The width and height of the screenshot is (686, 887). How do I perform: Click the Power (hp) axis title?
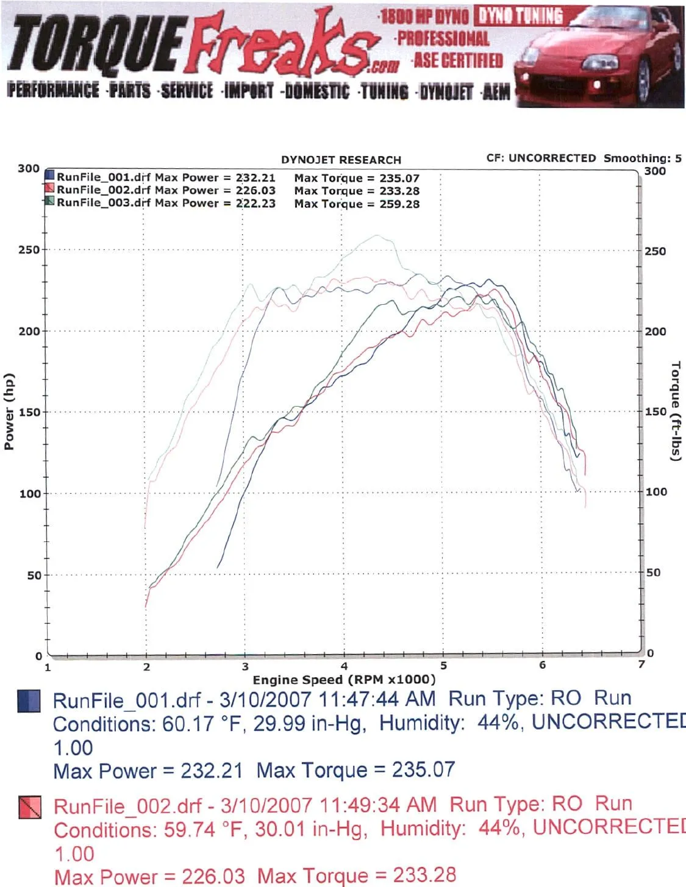tap(9, 411)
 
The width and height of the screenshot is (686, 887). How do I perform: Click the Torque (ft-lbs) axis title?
tap(676, 411)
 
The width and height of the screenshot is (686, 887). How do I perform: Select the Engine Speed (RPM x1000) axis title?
tap(344, 680)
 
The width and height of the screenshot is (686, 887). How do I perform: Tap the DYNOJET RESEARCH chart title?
tap(341, 160)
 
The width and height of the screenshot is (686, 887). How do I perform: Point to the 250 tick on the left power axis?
tap(29, 249)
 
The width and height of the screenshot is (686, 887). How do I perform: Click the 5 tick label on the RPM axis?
tap(443, 666)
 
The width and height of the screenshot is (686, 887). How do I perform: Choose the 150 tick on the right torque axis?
tap(656, 411)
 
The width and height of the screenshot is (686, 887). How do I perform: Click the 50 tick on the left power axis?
tap(34, 575)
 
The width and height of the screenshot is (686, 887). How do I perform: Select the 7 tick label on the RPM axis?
tap(641, 664)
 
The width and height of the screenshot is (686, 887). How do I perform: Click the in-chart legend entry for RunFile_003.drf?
tap(104, 203)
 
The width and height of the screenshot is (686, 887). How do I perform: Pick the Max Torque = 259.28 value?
tap(357, 204)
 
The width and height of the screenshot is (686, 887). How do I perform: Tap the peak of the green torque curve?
tap(377, 235)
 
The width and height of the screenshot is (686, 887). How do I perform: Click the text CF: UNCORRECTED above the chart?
tap(541, 158)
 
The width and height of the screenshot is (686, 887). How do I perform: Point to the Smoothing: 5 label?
tap(643, 158)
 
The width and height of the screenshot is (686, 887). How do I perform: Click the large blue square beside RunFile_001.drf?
tap(29, 701)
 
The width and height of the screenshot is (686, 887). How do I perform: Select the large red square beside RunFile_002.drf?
tap(30, 807)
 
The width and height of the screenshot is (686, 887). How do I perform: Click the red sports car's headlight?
tap(600, 62)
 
